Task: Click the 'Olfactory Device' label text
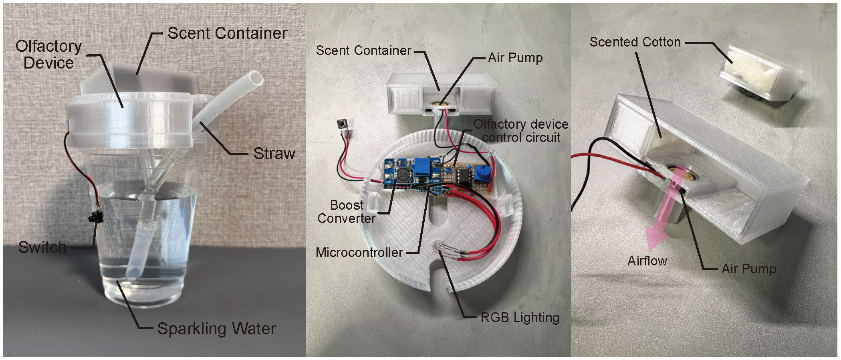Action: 48,55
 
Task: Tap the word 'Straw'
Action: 274,154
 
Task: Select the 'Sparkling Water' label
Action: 216,329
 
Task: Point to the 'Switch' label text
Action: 42,247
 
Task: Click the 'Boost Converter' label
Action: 347,212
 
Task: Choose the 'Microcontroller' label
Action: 359,253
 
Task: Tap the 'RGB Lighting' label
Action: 520,318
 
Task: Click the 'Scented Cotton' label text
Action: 635,42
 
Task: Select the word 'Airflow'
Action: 647,261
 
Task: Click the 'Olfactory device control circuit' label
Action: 521,131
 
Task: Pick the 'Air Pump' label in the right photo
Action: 748,269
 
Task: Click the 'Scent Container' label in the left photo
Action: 227,33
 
